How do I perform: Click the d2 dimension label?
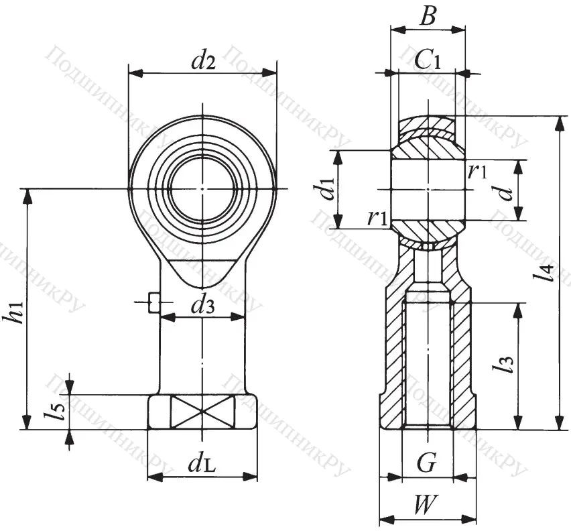pyautogui.click(x=202, y=61)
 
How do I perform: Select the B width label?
pyautogui.click(x=427, y=17)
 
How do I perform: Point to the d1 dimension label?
pyautogui.click(x=326, y=189)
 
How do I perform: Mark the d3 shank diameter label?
pyautogui.click(x=202, y=306)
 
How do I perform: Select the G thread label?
pyautogui.click(x=427, y=463)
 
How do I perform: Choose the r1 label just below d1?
pyautogui.click(x=377, y=218)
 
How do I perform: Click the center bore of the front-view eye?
pyautogui.click(x=202, y=189)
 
